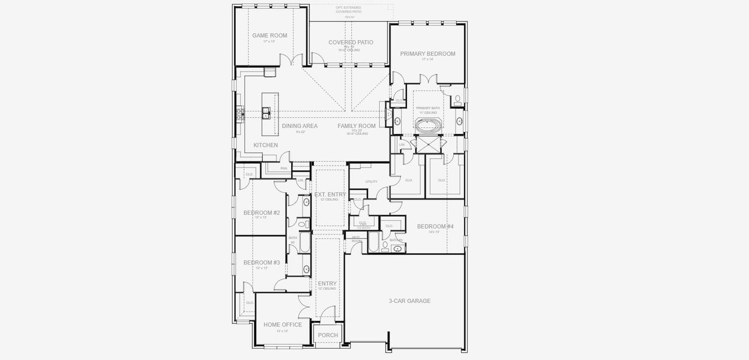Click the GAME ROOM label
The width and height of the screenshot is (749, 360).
(x=269, y=35)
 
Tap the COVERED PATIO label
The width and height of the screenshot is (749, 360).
(x=351, y=43)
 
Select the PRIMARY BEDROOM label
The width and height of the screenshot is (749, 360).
(x=428, y=54)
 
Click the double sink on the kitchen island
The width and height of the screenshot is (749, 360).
(x=266, y=111)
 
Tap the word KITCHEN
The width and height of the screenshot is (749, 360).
(x=265, y=146)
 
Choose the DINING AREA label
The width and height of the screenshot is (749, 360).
(x=299, y=126)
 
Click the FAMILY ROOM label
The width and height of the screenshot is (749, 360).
(x=356, y=126)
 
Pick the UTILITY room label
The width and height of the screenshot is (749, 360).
(x=371, y=181)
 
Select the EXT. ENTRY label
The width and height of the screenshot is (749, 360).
(x=330, y=194)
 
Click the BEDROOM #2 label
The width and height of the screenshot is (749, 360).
(x=262, y=213)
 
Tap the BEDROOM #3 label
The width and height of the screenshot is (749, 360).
(x=262, y=263)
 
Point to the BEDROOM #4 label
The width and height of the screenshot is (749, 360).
(x=435, y=226)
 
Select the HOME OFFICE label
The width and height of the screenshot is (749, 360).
(x=283, y=325)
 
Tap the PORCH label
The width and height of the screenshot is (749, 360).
(x=328, y=335)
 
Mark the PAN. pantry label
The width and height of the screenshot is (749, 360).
(x=284, y=169)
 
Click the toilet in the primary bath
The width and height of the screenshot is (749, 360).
(x=457, y=98)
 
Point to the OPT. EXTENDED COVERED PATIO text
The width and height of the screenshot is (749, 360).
(x=349, y=10)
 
